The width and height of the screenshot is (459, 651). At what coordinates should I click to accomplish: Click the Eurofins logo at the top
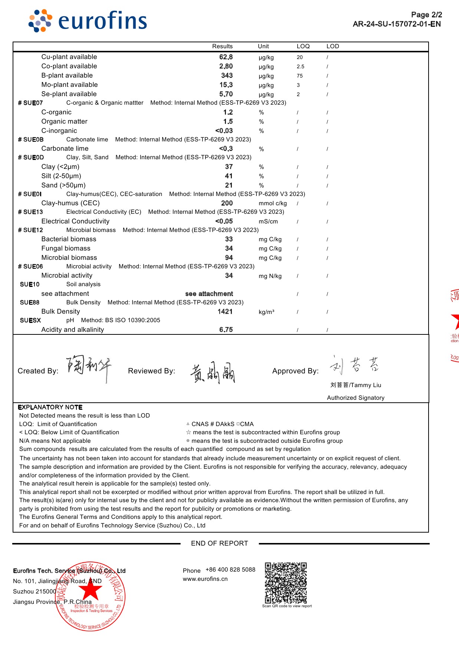(x=88, y=21)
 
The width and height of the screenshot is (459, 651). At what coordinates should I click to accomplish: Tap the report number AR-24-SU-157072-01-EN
(x=397, y=24)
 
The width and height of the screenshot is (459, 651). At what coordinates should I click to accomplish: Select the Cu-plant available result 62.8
(x=226, y=57)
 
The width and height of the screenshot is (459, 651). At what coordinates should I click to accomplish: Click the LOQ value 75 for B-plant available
(x=300, y=76)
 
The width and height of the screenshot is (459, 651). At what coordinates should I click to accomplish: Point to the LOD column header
(x=332, y=46)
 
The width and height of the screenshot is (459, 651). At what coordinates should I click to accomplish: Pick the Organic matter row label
(x=65, y=121)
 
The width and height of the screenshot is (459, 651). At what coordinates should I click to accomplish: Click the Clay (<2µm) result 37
(x=229, y=167)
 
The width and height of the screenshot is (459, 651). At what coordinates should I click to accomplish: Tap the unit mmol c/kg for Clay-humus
(x=273, y=203)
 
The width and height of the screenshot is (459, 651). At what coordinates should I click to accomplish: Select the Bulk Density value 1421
(x=225, y=312)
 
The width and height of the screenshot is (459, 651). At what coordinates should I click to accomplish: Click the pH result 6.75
(x=226, y=330)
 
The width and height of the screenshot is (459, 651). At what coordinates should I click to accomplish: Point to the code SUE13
(x=33, y=212)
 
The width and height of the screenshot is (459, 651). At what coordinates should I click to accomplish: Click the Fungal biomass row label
(x=66, y=248)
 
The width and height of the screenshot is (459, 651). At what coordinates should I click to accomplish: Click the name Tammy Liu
(x=355, y=385)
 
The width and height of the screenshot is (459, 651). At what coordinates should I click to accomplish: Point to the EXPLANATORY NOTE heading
(x=50, y=407)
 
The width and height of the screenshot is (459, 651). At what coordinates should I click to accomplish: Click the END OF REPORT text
(x=219, y=543)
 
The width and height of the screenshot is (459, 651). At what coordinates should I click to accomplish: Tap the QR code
(x=286, y=583)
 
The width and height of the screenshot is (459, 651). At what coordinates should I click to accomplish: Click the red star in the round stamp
(x=91, y=591)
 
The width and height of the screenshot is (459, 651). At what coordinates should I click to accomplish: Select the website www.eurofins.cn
(x=205, y=579)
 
